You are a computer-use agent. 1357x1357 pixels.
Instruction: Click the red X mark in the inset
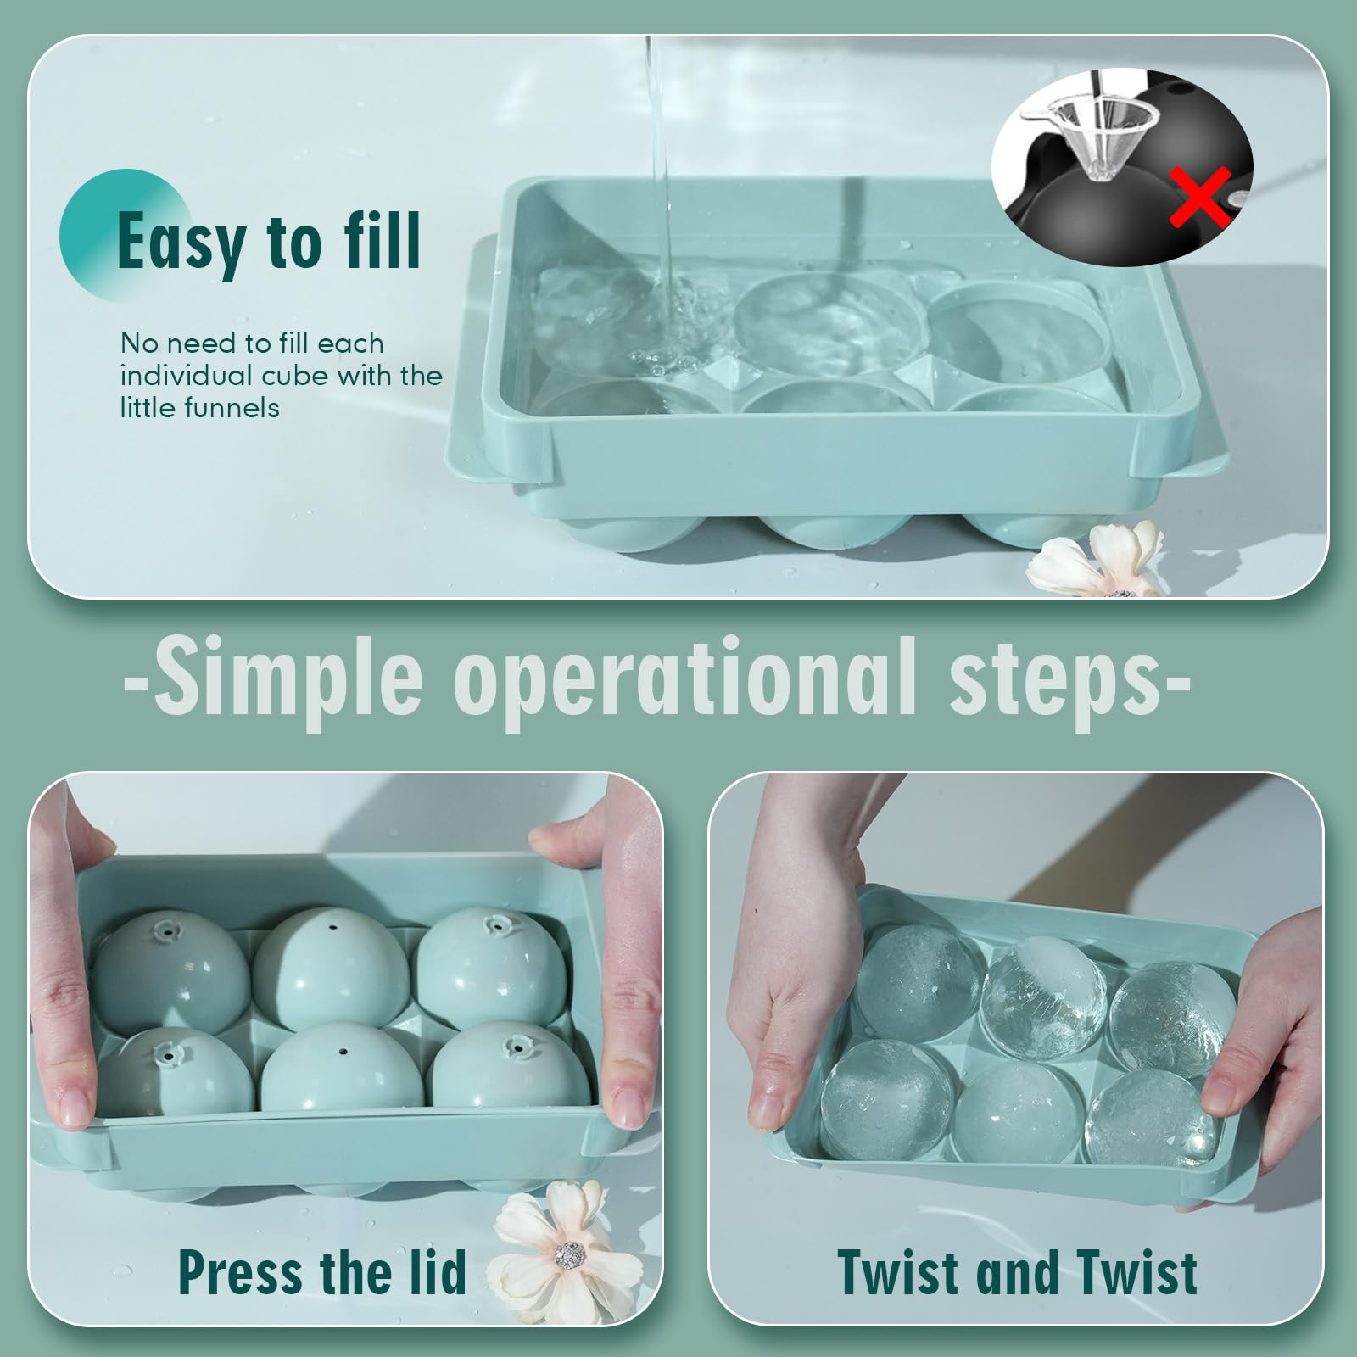(x=1198, y=197)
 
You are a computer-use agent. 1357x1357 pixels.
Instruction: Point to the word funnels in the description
(x=230, y=408)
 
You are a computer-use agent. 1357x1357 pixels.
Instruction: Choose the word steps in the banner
(x=1056, y=681)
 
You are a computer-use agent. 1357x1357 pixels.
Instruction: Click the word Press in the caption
(x=241, y=1271)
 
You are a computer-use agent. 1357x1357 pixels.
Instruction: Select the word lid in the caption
(x=433, y=1271)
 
